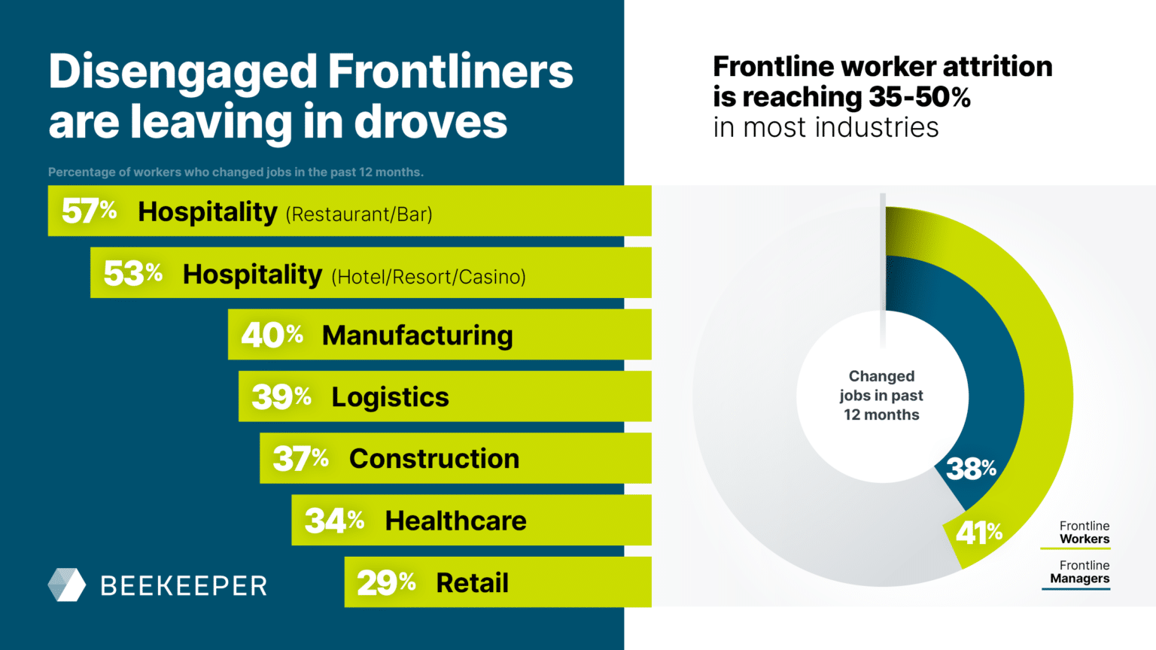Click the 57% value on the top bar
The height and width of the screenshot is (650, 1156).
coord(89,211)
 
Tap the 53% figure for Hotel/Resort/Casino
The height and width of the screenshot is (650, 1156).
coord(132,274)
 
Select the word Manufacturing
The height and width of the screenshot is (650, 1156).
coord(417,336)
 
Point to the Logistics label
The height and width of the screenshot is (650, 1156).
coord(390,397)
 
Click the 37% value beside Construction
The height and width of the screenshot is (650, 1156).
coord(300,459)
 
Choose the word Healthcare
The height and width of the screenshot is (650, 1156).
coord(455,521)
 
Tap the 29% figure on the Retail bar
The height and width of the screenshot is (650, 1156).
coord(386,583)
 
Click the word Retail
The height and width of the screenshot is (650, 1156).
coord(472,583)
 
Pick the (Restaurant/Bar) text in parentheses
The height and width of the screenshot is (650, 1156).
coord(359,214)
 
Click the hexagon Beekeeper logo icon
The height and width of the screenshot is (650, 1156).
coord(67,585)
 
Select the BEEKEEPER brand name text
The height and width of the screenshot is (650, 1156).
coord(184,586)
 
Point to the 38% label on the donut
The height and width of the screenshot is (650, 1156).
coord(971,469)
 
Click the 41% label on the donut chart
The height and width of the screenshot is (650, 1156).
coord(978,533)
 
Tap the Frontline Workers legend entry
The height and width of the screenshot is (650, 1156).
coord(1084,533)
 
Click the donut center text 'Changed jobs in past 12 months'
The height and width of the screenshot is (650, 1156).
coord(881,396)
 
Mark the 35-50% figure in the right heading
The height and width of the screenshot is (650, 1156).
coord(919,97)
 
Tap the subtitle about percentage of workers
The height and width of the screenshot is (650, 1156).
coord(236,172)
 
